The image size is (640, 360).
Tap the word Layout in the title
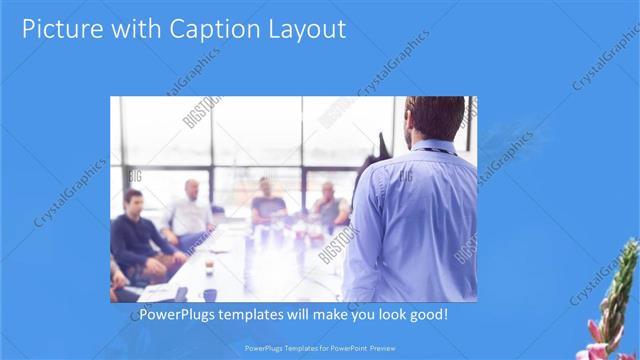309,29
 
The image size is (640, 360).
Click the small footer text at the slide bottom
319,348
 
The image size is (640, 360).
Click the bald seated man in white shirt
190,212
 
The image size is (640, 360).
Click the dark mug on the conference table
210,294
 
